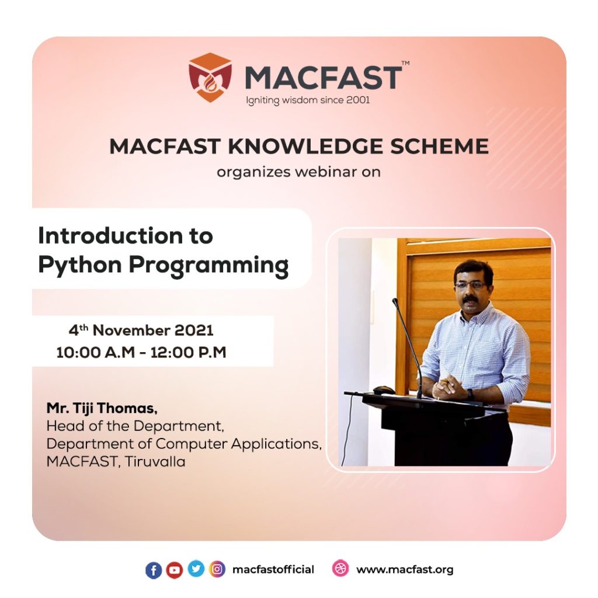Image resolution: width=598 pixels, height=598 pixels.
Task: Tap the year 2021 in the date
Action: click(x=194, y=331)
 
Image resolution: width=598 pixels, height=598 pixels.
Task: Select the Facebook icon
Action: click(x=154, y=570)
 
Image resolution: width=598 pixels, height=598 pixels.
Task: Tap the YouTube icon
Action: click(x=175, y=570)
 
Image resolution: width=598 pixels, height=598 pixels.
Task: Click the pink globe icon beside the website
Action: click(x=340, y=569)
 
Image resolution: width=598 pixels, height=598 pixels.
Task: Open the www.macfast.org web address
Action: click(x=404, y=569)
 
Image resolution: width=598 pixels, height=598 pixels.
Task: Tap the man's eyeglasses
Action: click(x=470, y=286)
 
